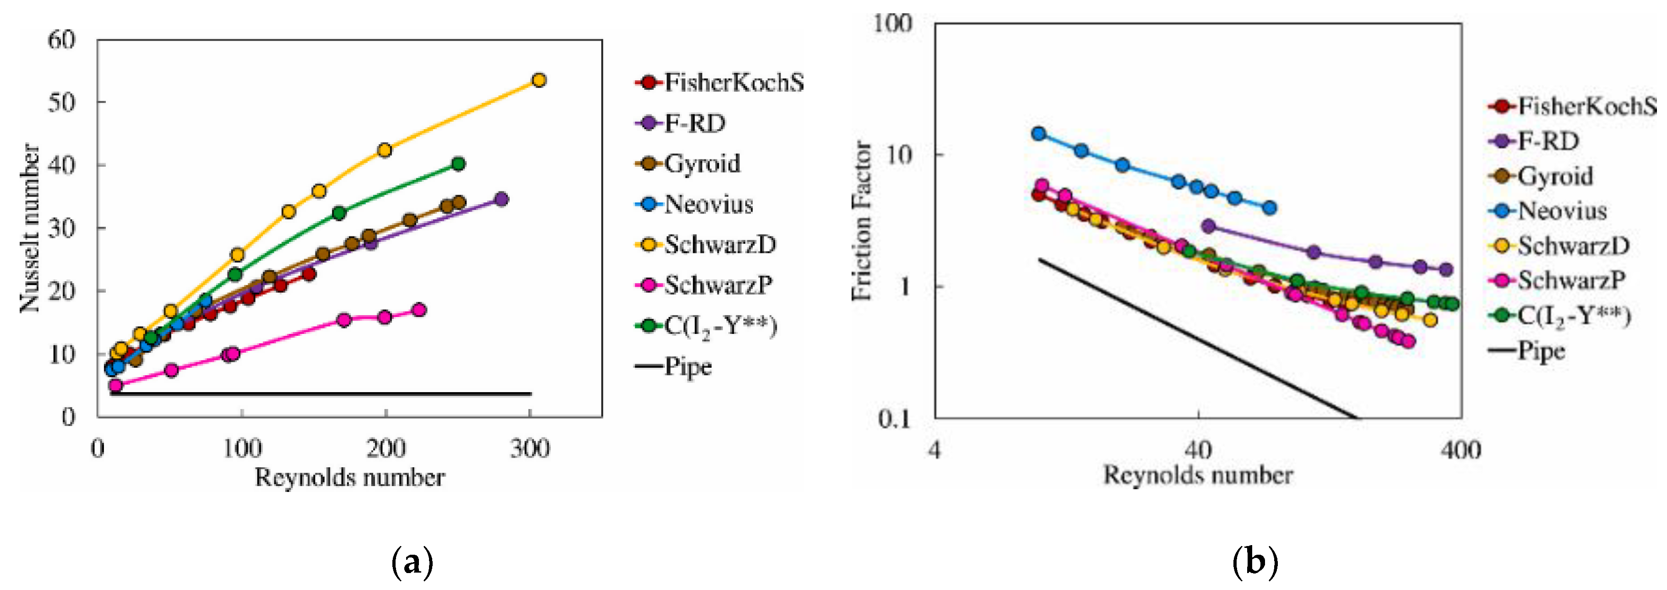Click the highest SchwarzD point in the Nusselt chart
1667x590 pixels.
pos(538,80)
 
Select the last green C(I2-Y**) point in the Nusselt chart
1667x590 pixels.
pos(458,164)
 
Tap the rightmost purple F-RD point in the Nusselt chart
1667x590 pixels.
pos(501,199)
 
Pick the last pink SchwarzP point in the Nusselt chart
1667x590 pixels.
pos(418,310)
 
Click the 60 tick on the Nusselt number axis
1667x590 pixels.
pos(61,40)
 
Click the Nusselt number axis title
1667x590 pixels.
pos(30,228)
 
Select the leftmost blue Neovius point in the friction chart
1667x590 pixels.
pos(1039,134)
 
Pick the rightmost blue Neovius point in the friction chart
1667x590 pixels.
pos(1270,208)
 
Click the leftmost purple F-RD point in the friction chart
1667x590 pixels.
pos(1207,226)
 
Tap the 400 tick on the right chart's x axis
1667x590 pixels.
pos(1461,449)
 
